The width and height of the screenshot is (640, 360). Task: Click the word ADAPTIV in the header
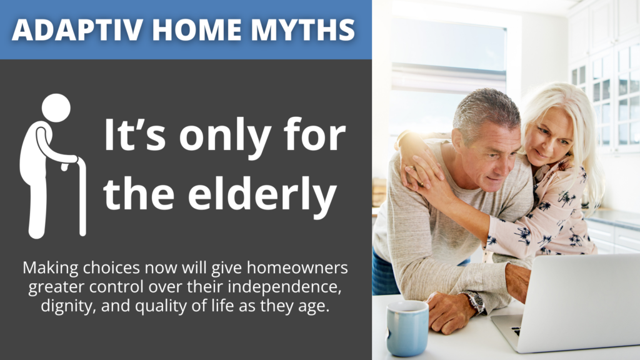pos(77,29)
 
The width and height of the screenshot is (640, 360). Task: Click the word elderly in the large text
pos(262,196)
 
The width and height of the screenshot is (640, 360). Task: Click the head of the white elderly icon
pos(56,107)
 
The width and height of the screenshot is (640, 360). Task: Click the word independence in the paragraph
pos(284,286)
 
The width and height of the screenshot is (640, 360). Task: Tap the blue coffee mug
pos(407,327)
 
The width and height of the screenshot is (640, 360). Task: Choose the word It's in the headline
pos(135,135)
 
